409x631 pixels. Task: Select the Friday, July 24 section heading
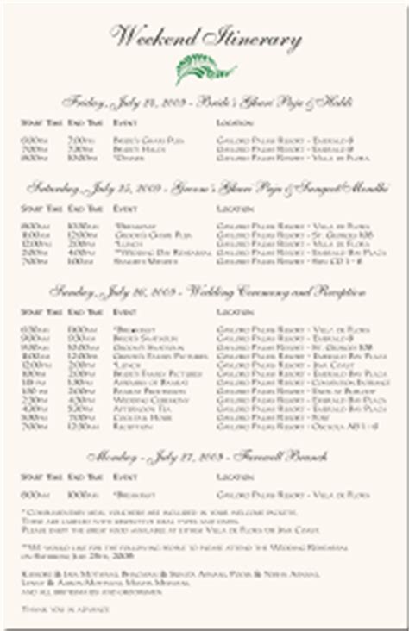click(x=204, y=101)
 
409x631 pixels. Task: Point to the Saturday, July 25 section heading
click(x=204, y=186)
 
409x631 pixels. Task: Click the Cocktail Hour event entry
click(x=130, y=416)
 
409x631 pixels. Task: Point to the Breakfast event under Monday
click(x=129, y=494)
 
